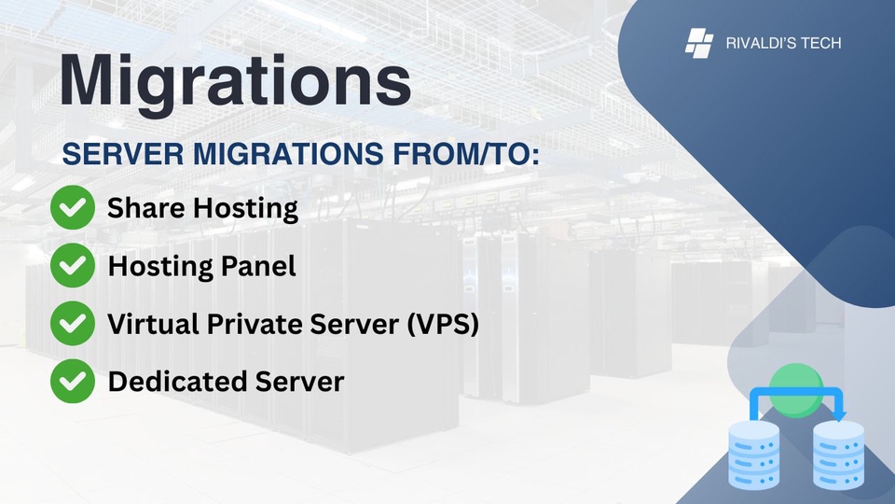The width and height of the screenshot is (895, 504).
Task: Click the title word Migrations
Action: pyautogui.click(x=235, y=81)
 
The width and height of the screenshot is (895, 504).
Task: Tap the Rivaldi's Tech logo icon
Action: pyautogui.click(x=699, y=43)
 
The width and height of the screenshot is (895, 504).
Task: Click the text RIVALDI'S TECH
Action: pyautogui.click(x=783, y=43)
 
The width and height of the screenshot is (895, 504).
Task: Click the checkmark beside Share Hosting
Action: pyautogui.click(x=72, y=208)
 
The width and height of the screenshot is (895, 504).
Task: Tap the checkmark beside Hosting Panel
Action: pyautogui.click(x=72, y=267)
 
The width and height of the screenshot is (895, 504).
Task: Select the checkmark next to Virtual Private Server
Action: pyautogui.click(x=72, y=325)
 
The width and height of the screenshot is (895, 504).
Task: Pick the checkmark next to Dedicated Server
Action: pyautogui.click(x=72, y=382)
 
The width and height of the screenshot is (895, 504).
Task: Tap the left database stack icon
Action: pyautogui.click(x=752, y=455)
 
